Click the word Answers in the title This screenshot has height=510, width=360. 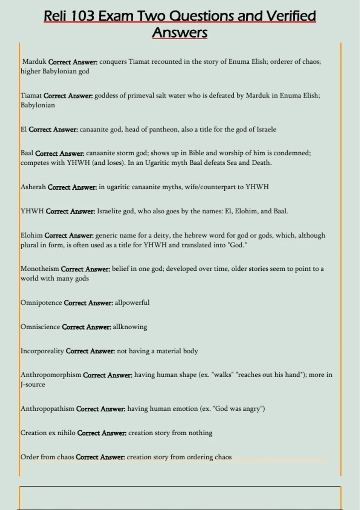pyautogui.click(x=180, y=33)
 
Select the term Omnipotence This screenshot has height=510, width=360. pyautogui.click(x=41, y=302)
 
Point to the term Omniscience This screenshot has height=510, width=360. pyautogui.click(x=40, y=327)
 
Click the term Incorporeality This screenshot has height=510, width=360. pyautogui.click(x=42, y=351)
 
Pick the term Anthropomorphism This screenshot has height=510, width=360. pyautogui.click(x=51, y=375)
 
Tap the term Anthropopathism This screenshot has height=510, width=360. pyautogui.click(x=47, y=409)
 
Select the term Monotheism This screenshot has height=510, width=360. pyautogui.click(x=40, y=269)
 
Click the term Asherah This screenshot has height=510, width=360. pyautogui.click(x=33, y=187)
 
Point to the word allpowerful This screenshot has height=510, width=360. pyautogui.click(x=132, y=302)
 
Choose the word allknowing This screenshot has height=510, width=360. pyautogui.click(x=130, y=327)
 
